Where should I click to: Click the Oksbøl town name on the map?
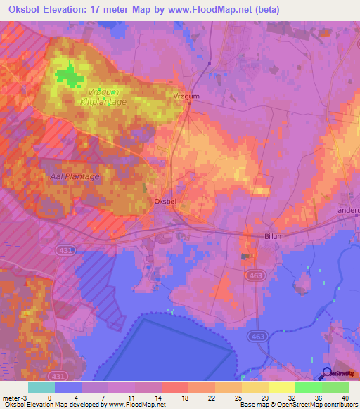point(165,202)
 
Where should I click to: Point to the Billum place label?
point(274,237)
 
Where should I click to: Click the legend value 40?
point(345,398)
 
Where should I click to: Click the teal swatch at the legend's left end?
point(41,387)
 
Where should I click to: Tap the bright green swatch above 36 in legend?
point(309,387)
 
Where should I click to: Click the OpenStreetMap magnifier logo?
point(328,373)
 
